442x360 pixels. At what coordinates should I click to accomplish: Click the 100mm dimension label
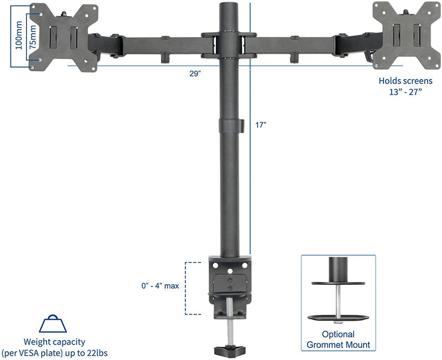click(x=19, y=35)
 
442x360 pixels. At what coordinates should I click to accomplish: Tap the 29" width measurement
click(x=194, y=74)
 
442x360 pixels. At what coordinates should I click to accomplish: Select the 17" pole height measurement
click(x=261, y=124)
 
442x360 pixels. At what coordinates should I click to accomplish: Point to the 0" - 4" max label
click(x=160, y=286)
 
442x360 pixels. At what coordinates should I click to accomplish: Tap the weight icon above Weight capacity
click(x=54, y=324)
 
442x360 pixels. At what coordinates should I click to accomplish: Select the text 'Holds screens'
click(x=406, y=80)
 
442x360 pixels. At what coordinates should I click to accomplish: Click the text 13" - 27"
click(x=406, y=92)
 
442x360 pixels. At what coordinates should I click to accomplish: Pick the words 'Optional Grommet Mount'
click(x=339, y=340)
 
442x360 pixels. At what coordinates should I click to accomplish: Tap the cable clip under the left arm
click(x=164, y=57)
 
